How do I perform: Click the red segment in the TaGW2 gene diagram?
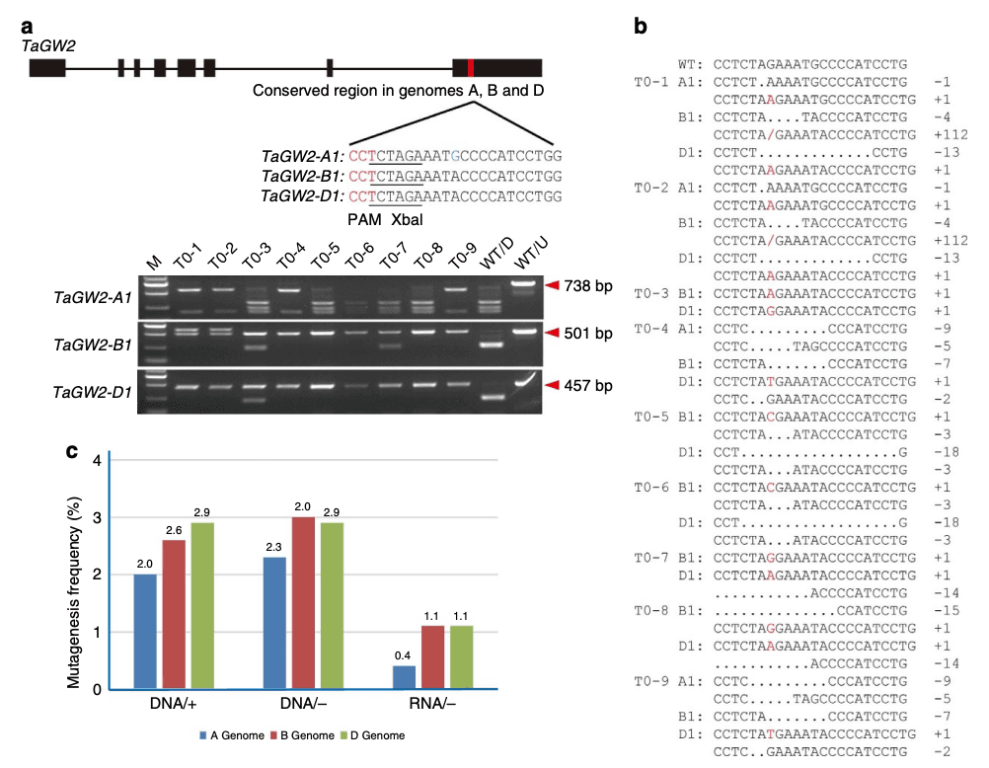[471, 68]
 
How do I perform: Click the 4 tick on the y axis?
[97, 460]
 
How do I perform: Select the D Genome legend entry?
[371, 735]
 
